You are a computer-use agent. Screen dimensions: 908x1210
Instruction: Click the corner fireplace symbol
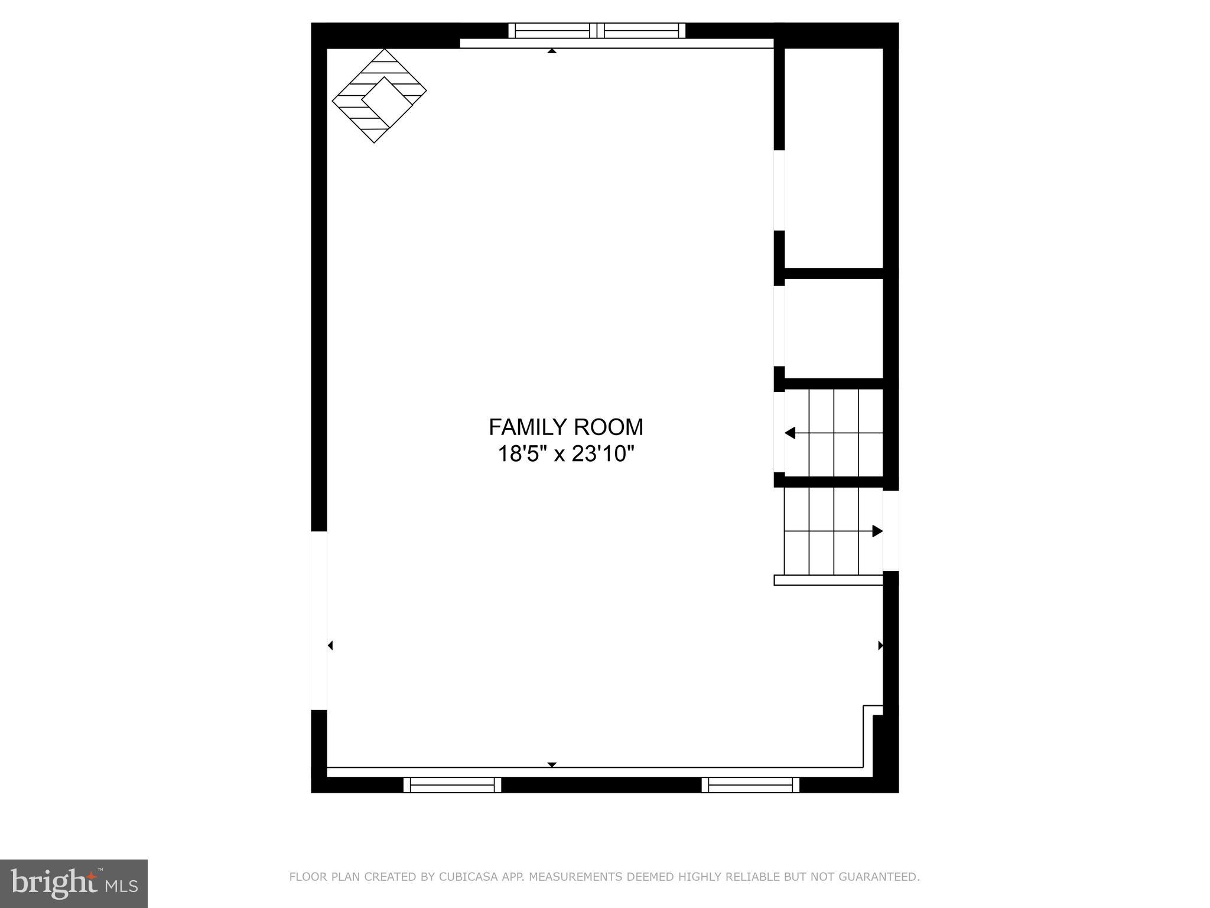[379, 96]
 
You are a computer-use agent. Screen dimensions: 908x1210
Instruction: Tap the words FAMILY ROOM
[565, 427]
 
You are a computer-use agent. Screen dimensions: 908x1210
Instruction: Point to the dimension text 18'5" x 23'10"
[565, 454]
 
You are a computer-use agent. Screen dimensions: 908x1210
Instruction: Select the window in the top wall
[597, 30]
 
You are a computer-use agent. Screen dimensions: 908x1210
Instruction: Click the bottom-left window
[452, 785]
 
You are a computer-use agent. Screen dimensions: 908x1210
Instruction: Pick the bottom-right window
[750, 785]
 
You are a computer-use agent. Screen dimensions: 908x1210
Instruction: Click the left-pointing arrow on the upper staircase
[790, 433]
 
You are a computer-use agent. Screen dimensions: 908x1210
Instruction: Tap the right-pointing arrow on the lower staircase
[877, 531]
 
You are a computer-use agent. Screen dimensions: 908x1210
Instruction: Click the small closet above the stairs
[833, 328]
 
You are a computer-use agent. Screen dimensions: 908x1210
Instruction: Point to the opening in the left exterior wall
[319, 620]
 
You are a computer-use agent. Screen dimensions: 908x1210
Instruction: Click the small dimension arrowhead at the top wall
[552, 51]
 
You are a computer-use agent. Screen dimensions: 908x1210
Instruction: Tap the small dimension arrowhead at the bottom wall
[552, 764]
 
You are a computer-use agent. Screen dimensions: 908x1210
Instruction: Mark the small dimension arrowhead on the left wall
[330, 646]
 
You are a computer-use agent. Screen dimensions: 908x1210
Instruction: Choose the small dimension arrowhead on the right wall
[880, 646]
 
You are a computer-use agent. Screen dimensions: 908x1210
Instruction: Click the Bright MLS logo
[74, 884]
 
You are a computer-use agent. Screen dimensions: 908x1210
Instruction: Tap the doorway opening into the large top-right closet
[779, 190]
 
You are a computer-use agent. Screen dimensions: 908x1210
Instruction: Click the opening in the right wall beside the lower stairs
[891, 530]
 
